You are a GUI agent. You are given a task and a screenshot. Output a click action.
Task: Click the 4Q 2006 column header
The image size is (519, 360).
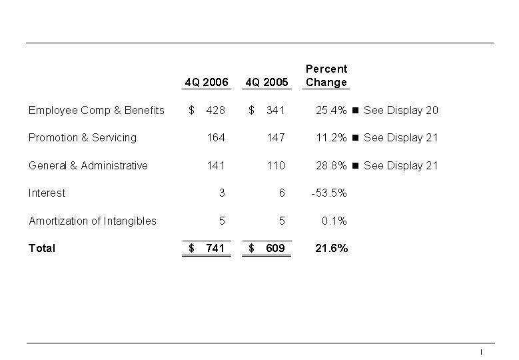tap(207, 83)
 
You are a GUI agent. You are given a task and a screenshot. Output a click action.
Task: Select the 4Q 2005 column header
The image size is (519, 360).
tap(266, 83)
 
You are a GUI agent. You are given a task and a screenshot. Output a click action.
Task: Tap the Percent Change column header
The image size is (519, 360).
tap(326, 75)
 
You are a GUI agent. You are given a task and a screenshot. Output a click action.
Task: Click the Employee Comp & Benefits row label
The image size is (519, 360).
tap(97, 110)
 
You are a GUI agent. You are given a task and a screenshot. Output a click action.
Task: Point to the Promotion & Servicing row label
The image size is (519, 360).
tap(83, 138)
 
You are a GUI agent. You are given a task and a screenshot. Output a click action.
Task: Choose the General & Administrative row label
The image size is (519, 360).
tap(88, 165)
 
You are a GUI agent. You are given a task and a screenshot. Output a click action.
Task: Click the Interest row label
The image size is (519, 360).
tap(47, 193)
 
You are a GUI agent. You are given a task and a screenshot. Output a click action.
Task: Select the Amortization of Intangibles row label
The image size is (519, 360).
tap(93, 221)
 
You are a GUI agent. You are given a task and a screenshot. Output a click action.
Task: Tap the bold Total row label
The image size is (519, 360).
tap(42, 249)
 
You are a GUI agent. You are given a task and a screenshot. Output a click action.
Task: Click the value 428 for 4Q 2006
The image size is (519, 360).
tap(216, 110)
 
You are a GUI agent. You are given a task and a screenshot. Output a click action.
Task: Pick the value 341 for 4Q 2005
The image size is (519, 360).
tap(275, 110)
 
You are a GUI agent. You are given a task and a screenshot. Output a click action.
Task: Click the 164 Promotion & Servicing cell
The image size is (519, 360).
tap(216, 138)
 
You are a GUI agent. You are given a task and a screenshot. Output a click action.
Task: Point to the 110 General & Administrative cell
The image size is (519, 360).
tap(275, 165)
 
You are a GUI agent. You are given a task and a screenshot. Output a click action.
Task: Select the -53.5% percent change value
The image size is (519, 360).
tap(329, 193)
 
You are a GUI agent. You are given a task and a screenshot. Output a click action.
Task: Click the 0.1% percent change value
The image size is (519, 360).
tap(334, 221)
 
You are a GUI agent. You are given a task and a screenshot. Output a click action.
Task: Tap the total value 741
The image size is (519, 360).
tap(215, 249)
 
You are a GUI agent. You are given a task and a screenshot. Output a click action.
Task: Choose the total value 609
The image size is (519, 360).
tap(275, 249)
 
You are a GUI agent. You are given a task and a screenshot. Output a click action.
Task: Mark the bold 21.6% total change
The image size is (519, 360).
tap(331, 249)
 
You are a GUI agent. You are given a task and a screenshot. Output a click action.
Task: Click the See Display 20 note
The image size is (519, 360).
tap(401, 110)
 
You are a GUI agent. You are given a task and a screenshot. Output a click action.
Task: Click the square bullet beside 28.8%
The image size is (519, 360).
tap(355, 165)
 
